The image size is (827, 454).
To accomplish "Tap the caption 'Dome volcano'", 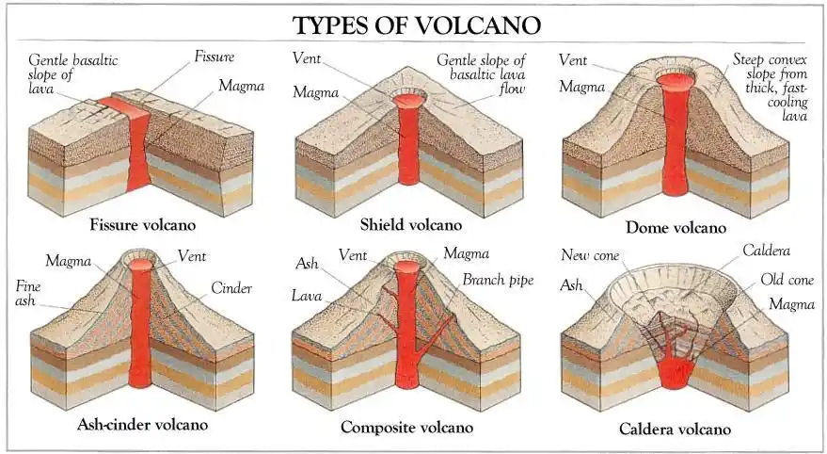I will [x=676, y=227].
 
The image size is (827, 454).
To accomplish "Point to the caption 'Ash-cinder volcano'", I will [x=142, y=424].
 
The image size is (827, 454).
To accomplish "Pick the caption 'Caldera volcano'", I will [x=675, y=429].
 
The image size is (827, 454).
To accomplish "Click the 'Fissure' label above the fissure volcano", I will [x=215, y=57].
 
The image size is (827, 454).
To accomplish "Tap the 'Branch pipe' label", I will [x=498, y=280].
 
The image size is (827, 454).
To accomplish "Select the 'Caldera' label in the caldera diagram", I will [x=766, y=251].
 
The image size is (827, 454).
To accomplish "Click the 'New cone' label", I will [x=589, y=255].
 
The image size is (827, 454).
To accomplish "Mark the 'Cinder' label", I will [x=231, y=288].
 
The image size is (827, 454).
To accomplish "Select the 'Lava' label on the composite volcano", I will [x=308, y=296].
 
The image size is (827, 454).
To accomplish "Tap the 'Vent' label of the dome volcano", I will [x=573, y=59].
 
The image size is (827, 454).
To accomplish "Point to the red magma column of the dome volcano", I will [x=675, y=141].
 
